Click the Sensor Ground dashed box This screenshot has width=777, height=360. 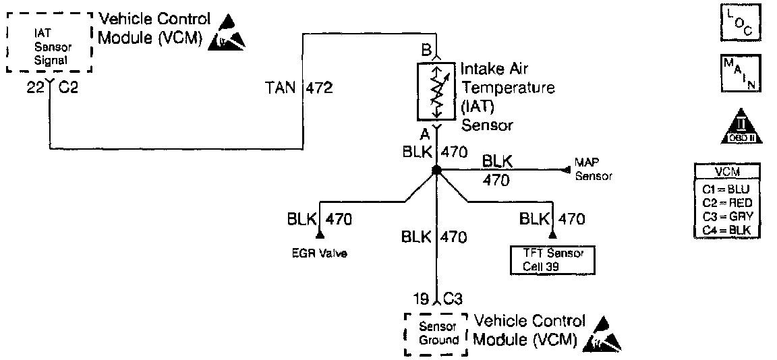435,334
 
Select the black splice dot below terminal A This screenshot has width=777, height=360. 436,170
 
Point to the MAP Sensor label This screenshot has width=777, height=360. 593,170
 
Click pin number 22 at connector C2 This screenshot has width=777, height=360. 35,88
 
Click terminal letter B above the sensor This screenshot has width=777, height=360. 426,49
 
